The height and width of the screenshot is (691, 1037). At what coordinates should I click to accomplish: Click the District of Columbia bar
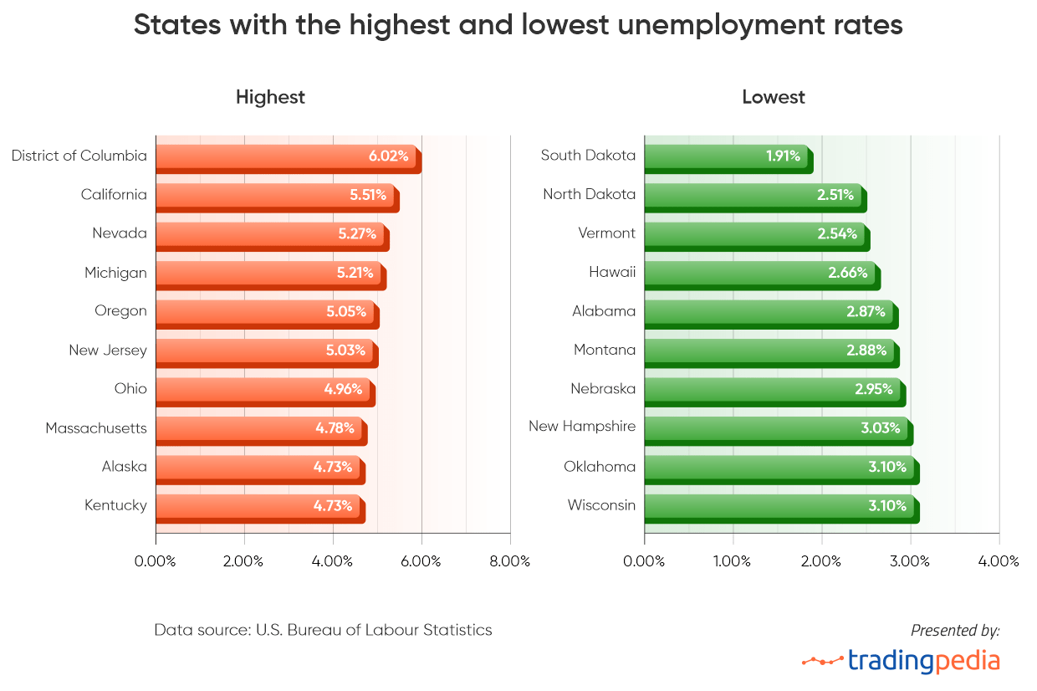[288, 158]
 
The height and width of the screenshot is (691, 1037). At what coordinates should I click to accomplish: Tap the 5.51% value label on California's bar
[368, 195]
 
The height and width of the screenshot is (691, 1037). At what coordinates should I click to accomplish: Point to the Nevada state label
[120, 233]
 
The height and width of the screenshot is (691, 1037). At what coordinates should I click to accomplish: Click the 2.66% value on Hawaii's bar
[848, 273]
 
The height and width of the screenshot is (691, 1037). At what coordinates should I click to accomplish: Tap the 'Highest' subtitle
[270, 97]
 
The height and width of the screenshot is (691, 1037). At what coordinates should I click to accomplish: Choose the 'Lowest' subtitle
[774, 97]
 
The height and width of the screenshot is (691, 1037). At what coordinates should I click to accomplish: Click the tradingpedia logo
[901, 660]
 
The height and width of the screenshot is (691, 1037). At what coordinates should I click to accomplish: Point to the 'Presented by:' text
[955, 630]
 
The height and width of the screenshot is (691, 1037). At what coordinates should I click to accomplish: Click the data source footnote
[323, 630]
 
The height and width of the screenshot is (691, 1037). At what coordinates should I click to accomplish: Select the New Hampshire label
[582, 427]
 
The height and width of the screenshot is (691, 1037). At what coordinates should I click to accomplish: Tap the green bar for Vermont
[756, 235]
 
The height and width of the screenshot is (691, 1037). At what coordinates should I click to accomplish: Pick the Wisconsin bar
[781, 508]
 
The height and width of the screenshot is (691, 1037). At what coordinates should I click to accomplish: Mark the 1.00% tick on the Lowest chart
[733, 560]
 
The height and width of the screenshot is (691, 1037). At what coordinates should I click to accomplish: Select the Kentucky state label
[115, 505]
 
